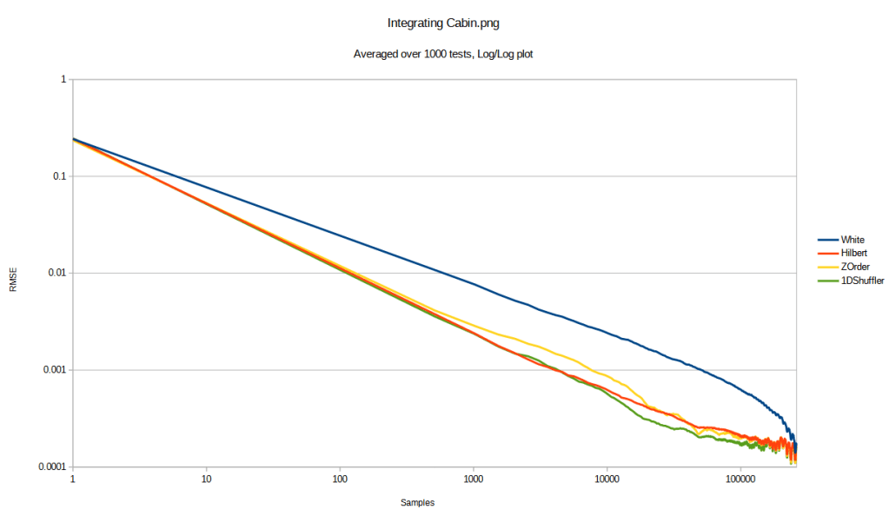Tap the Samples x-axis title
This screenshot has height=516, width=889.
coord(417,503)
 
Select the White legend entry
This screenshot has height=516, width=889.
coord(853,239)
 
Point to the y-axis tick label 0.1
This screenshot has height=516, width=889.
coord(58,176)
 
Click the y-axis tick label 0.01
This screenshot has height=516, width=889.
coord(56,273)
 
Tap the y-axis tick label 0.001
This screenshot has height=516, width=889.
coord(53,370)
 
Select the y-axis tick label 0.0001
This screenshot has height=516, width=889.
coord(50,467)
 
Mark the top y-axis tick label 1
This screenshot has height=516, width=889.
coord(63,79)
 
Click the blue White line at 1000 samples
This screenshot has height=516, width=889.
coord(474,284)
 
